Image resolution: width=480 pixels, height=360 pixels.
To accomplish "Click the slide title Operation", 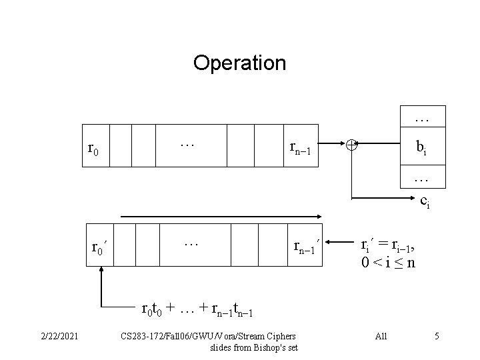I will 239,63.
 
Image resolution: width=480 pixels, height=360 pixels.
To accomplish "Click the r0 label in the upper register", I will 93,147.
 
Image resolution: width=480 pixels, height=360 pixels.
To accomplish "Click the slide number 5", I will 436,336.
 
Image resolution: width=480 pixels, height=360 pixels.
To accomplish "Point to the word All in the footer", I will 381,336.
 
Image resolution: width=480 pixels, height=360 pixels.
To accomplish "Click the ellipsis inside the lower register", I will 191,243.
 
